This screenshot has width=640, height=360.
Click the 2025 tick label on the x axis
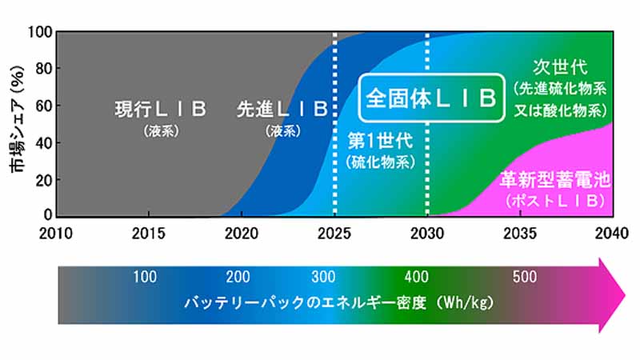(x=334, y=233)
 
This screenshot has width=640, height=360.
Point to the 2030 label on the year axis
(x=427, y=233)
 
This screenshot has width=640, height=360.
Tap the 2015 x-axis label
(x=149, y=233)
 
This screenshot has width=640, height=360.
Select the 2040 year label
(x=612, y=233)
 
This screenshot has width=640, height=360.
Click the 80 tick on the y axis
(x=44, y=69)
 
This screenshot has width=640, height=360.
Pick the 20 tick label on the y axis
(x=44, y=180)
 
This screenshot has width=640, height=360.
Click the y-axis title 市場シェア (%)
(x=17, y=119)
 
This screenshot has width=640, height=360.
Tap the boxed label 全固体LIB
(x=431, y=98)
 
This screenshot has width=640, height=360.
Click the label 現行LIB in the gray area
(x=161, y=109)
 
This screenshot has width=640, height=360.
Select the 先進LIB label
(x=282, y=109)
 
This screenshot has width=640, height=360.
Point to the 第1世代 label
(x=381, y=142)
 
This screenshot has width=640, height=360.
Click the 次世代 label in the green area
(x=560, y=67)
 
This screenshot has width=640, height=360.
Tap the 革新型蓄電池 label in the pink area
(x=555, y=179)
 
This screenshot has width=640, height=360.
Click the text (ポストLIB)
(x=555, y=201)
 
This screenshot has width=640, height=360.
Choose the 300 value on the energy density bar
(x=323, y=277)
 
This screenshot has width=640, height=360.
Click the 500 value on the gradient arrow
(x=525, y=277)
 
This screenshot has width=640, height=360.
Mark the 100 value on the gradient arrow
(x=145, y=277)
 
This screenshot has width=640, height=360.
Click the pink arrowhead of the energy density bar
(x=611, y=295)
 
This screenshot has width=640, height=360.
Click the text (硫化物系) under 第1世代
(x=381, y=162)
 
